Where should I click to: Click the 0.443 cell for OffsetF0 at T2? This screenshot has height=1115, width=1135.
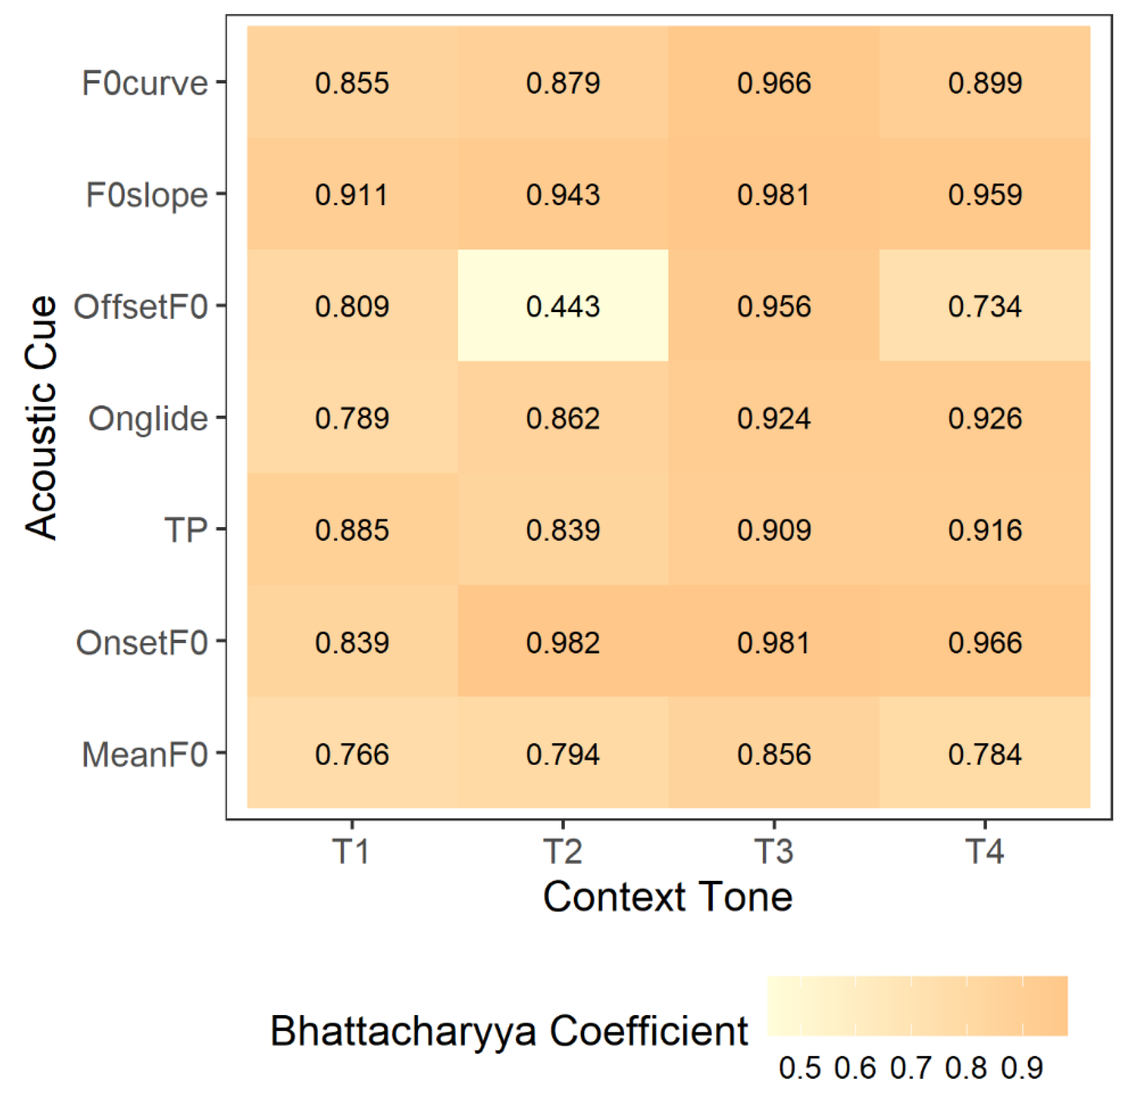(563, 306)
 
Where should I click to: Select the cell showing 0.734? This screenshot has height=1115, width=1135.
(985, 306)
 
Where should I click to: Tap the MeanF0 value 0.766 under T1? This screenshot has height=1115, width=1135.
(352, 754)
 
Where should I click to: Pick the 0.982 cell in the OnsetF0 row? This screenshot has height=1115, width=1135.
(563, 643)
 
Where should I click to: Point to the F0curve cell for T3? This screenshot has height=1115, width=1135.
(773, 82)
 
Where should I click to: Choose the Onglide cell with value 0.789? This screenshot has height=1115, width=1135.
(352, 418)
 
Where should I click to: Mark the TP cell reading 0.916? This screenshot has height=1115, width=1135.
(985, 530)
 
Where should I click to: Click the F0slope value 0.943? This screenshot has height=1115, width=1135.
(563, 194)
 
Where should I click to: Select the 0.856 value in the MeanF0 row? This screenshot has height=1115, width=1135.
(773, 754)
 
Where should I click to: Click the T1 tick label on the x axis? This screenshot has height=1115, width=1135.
(351, 851)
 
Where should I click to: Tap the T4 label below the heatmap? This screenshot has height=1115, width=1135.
(985, 851)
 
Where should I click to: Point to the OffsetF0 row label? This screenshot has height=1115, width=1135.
(141, 306)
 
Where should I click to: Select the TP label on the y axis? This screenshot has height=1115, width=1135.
(186, 530)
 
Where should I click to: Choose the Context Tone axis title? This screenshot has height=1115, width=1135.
(668, 897)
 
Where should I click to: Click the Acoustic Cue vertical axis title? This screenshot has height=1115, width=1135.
(41, 417)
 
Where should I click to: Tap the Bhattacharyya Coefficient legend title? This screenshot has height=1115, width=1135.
(508, 1031)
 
